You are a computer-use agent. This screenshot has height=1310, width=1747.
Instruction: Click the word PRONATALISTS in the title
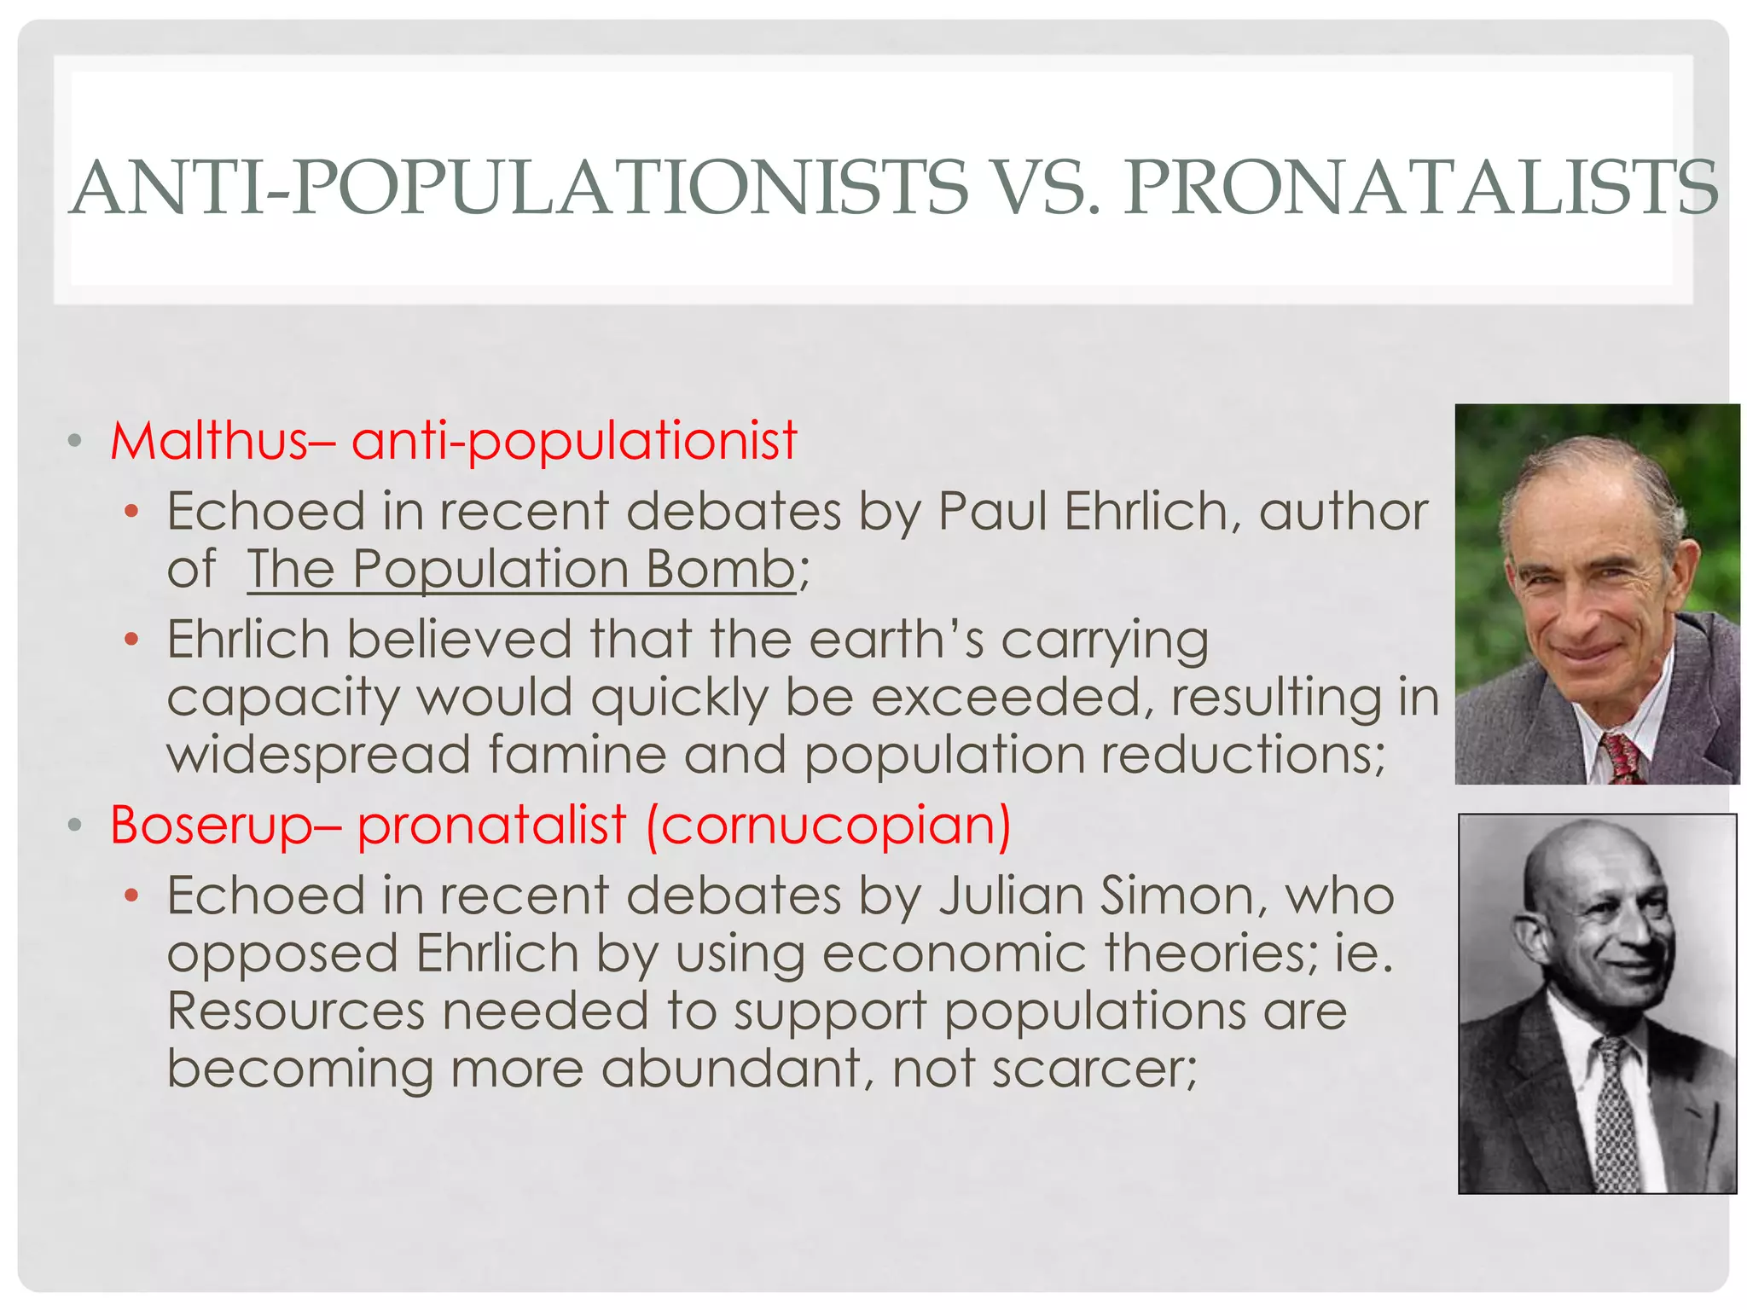[x=1420, y=188]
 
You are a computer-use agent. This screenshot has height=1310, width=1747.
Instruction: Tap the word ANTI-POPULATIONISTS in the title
[x=519, y=188]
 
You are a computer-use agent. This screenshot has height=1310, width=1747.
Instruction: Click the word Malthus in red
[x=208, y=441]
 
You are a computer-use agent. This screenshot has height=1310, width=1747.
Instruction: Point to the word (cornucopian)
[x=828, y=825]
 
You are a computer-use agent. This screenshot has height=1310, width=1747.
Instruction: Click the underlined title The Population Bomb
[x=521, y=569]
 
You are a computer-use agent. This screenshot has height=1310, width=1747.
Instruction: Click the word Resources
[x=295, y=1011]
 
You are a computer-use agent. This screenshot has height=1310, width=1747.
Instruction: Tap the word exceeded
[x=1006, y=698]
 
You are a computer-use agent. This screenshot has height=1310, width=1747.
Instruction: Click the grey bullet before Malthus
[x=75, y=441]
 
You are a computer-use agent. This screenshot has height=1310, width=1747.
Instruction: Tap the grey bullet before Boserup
[x=75, y=825]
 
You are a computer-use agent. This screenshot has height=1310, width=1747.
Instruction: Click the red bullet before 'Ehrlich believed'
[x=131, y=639]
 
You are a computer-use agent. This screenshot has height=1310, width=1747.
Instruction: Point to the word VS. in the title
[x=1042, y=188]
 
